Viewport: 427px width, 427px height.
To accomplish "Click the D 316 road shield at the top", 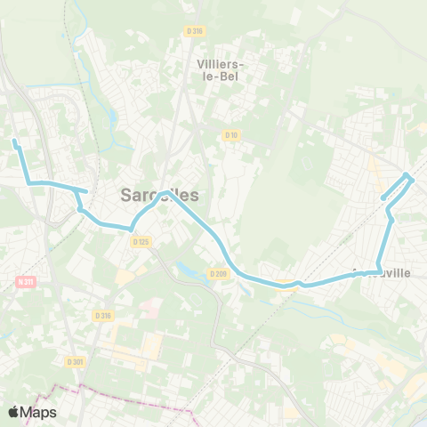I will coord(195,30).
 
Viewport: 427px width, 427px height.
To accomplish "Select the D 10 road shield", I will coord(230,135).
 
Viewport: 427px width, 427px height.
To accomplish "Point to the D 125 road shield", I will coord(140,241).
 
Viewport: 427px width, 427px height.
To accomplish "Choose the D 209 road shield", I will coord(219,274).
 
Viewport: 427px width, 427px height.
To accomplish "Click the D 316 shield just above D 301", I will coord(103,316).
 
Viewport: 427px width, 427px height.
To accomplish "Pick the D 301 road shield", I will coord(75,361).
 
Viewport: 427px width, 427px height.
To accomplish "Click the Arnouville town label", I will coord(382,273).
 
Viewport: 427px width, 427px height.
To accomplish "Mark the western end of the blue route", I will coord(14,141).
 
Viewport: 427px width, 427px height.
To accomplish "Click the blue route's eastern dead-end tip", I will coord(383,197).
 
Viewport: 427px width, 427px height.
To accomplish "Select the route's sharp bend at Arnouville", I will coord(380,270).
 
